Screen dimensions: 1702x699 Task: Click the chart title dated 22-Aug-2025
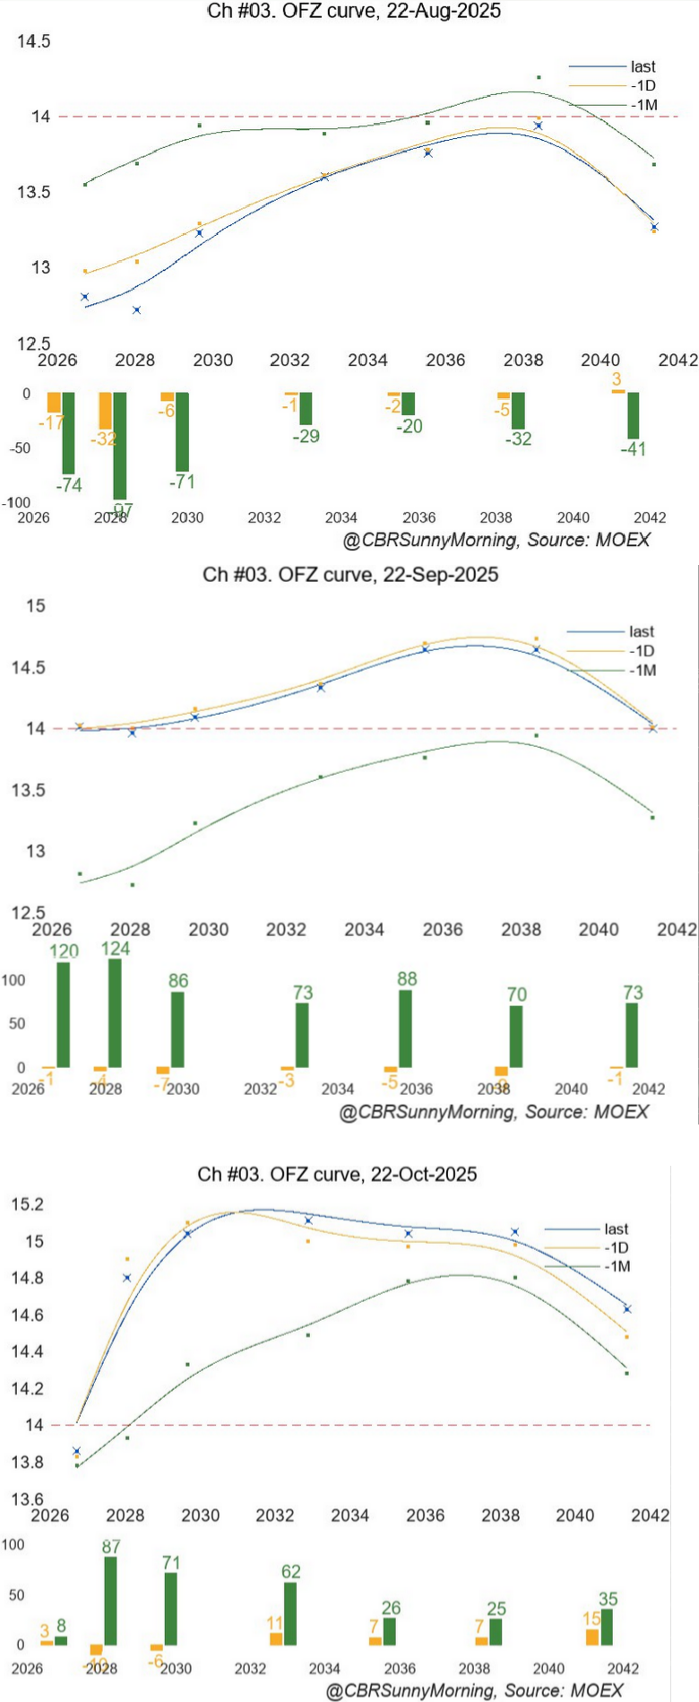(354, 11)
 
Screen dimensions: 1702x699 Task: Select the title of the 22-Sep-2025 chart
(350, 575)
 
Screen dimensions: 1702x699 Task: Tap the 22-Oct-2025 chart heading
(337, 1174)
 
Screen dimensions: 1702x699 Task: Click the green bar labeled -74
(68, 432)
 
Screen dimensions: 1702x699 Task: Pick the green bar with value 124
(115, 1012)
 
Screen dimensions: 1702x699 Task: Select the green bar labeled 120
(63, 1014)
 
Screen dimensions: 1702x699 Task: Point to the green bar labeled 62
(290, 1613)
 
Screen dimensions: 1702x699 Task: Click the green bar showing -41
(634, 415)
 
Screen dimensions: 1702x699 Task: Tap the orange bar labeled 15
(591, 1637)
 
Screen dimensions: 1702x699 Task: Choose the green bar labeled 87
(110, 1601)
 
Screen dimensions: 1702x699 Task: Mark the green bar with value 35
(607, 1627)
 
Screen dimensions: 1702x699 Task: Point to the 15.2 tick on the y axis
(27, 1204)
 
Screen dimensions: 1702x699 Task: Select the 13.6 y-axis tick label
(27, 1498)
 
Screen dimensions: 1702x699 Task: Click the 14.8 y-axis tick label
(27, 1278)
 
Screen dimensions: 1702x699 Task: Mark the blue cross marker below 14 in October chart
(77, 1451)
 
